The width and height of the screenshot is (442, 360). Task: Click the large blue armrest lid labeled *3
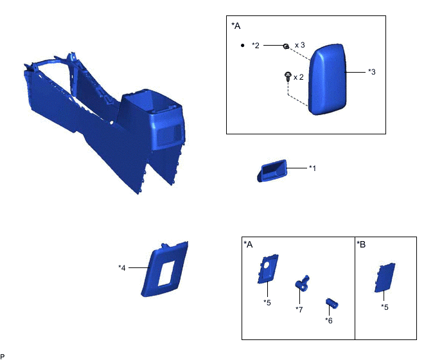327,79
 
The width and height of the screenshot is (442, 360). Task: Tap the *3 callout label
372,72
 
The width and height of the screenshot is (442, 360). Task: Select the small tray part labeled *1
272,171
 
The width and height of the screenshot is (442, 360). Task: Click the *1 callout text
312,168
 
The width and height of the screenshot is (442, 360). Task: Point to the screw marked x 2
288,76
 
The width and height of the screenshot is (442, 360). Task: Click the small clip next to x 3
286,46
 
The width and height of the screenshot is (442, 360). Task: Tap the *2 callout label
256,46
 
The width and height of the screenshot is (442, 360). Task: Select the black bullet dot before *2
242,45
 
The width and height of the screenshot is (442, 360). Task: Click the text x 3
299,45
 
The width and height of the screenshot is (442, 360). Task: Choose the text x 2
299,77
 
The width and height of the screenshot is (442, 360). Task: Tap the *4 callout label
122,267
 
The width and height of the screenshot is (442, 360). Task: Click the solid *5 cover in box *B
384,278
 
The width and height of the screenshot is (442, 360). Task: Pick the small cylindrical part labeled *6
332,303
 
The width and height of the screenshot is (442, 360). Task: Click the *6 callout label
329,321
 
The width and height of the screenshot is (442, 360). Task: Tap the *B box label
361,244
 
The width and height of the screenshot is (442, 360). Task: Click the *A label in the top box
236,26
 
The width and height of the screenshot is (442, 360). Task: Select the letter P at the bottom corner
3,357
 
